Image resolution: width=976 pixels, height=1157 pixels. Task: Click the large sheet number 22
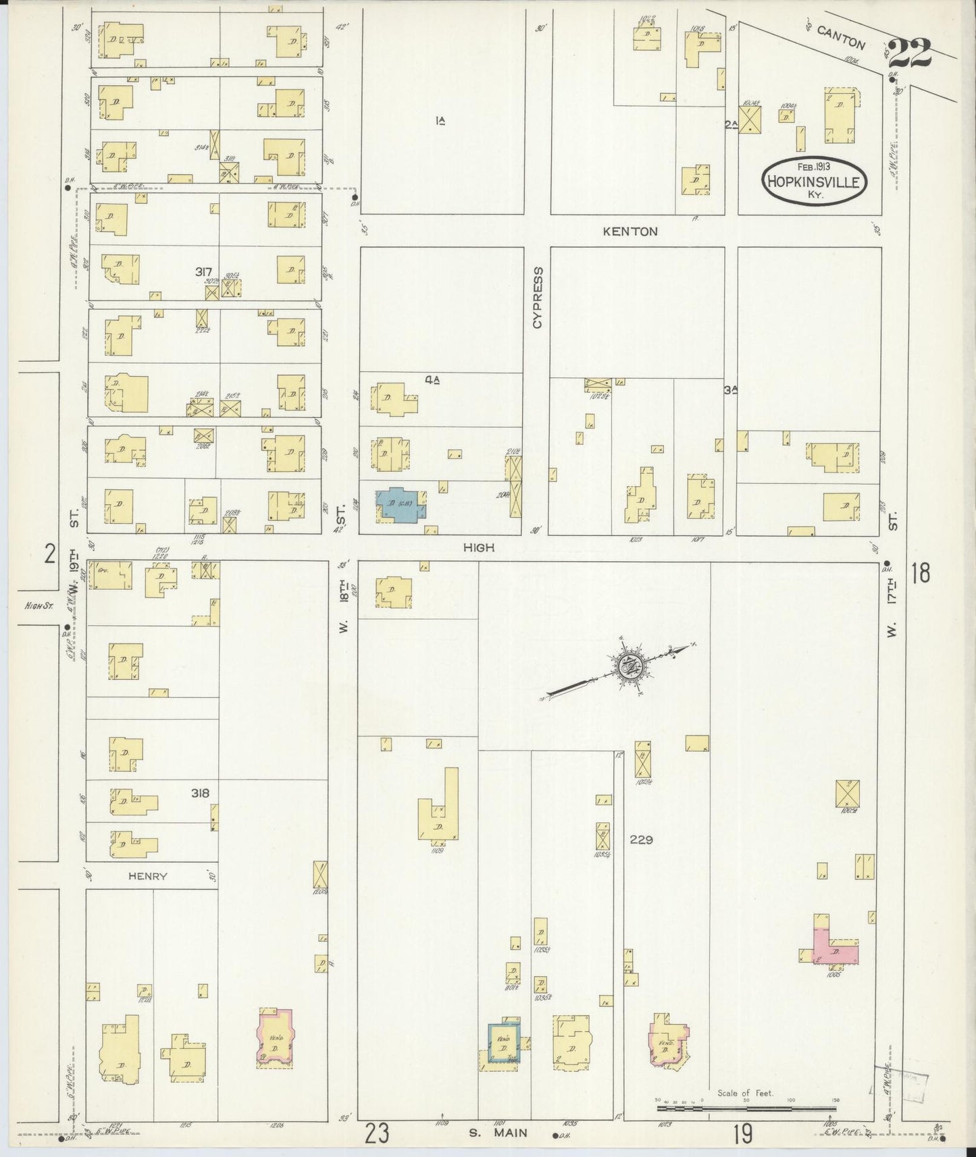point(910,54)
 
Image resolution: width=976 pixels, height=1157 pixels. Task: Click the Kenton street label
point(630,232)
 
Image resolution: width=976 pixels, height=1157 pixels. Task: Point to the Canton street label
point(840,38)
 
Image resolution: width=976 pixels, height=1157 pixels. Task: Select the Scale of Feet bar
point(747,1108)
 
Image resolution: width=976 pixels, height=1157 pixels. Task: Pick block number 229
point(641,840)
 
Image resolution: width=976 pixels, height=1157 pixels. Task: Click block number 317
point(203,271)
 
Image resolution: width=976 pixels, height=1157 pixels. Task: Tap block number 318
point(200,793)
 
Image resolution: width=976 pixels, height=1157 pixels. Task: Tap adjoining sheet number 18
point(920,573)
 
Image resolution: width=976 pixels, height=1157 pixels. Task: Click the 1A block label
point(440,121)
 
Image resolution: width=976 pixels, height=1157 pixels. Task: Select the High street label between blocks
point(479,547)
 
